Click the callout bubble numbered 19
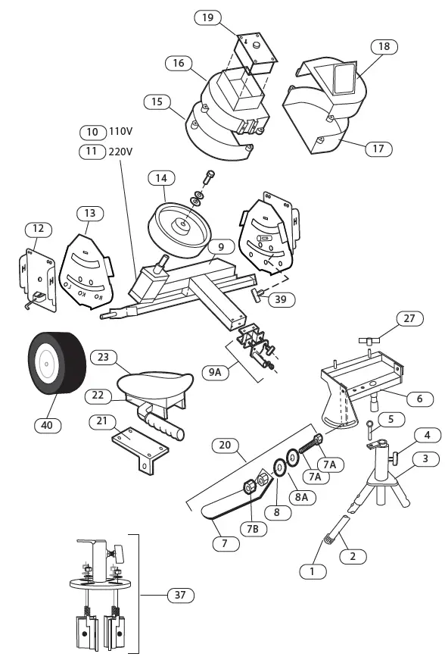click(207, 16)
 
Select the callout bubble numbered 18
click(384, 46)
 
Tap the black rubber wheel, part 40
click(53, 364)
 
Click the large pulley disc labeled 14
click(180, 227)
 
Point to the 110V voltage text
click(121, 132)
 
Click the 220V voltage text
click(121, 152)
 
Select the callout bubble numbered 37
click(179, 596)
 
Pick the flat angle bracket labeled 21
click(140, 448)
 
